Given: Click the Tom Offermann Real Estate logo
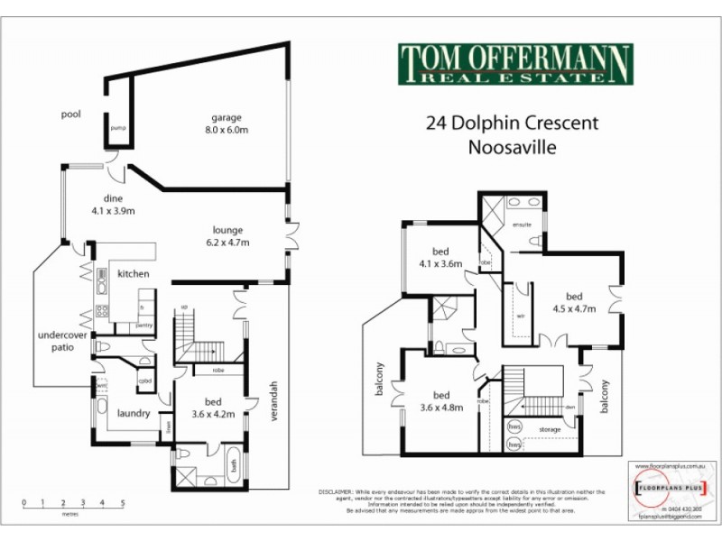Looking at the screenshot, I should (x=515, y=64).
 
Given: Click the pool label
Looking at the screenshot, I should (x=71, y=115).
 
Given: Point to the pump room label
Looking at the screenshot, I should (x=117, y=128).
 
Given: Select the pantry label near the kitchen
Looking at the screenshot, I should (x=143, y=325).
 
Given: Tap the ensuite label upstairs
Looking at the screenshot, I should (x=521, y=223).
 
